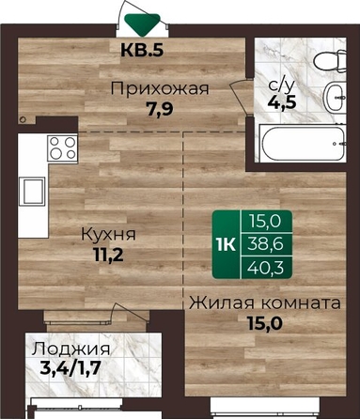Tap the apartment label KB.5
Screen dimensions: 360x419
(142, 50)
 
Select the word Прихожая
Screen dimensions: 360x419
(160, 88)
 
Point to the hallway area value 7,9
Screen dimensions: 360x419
(160, 109)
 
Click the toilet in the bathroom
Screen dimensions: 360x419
(330, 61)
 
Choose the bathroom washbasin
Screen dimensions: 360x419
(336, 98)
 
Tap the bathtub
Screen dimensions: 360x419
(304, 143)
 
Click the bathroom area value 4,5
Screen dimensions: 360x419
(282, 102)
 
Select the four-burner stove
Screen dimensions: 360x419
(62, 148)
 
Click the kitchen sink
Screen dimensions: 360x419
(32, 191)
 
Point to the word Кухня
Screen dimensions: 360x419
(108, 234)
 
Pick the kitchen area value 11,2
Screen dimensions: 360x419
(108, 255)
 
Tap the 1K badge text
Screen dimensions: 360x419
(226, 244)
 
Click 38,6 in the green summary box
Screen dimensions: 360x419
(266, 243)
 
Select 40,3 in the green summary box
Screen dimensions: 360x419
(266, 267)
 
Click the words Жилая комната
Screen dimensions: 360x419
(265, 303)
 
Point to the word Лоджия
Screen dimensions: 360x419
(70, 349)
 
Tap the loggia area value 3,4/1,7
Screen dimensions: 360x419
(70, 368)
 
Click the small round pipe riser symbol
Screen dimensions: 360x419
(23, 119)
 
